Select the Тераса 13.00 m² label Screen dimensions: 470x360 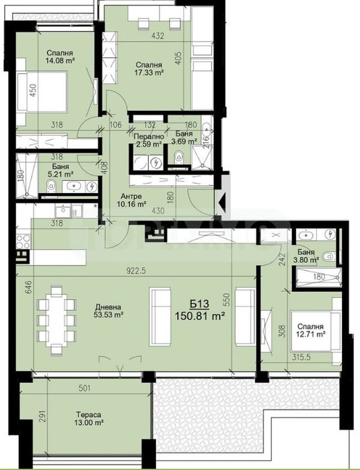click(x=88, y=418)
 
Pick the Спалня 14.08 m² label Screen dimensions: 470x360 click(x=59, y=58)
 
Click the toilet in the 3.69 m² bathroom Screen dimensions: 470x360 click(x=177, y=157)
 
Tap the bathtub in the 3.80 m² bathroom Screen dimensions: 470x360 click(x=316, y=277)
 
